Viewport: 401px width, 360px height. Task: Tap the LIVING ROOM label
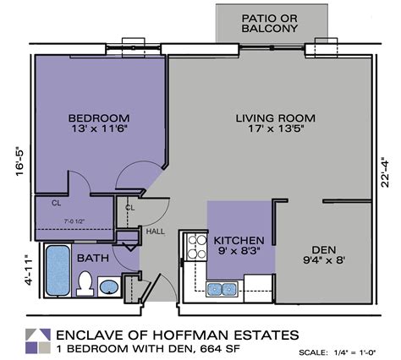[x=276, y=117]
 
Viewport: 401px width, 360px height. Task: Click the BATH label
[x=92, y=258]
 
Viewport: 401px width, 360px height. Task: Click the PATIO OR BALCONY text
[x=270, y=23]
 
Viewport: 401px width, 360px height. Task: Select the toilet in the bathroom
[x=85, y=283]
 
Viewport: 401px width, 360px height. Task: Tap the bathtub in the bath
[x=58, y=270]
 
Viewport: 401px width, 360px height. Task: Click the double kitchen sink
[x=222, y=289]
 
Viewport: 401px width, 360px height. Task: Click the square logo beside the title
[x=36, y=338]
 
